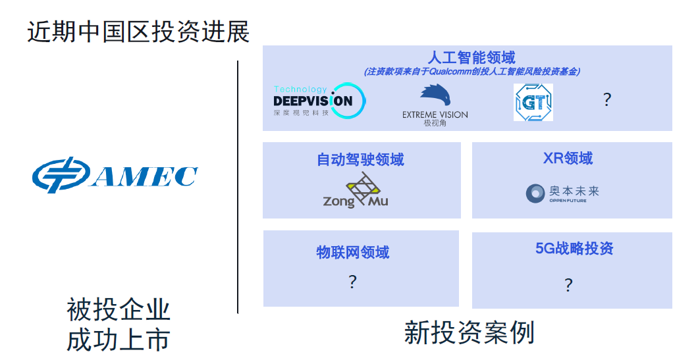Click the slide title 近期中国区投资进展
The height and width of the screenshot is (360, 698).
pos(138,32)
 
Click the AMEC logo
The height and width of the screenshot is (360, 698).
pos(115,175)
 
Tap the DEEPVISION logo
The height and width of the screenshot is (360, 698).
pos(319,101)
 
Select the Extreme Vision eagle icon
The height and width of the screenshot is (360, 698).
pos(435,95)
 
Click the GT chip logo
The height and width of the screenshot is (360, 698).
pos(533,103)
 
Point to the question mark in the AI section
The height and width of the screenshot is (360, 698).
pos(607,99)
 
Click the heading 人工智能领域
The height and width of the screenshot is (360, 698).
pos(471,57)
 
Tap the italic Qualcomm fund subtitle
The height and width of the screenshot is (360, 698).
pos(472,72)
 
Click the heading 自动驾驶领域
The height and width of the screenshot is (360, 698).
pos(361,159)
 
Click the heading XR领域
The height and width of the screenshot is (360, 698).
pos(568,158)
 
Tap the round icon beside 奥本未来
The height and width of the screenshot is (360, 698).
pos(535,193)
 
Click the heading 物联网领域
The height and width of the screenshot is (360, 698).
pos(353,252)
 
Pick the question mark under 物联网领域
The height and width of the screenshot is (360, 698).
pos(352,282)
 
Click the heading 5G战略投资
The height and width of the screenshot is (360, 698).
pos(574,248)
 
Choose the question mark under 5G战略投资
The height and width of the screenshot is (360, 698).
pos(568,285)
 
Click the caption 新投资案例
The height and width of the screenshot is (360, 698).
pos(470,333)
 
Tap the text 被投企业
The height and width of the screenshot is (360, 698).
pos(119,310)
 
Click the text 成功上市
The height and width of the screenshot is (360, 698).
pos(119,341)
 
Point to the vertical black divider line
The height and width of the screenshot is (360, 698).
pos(238,187)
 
